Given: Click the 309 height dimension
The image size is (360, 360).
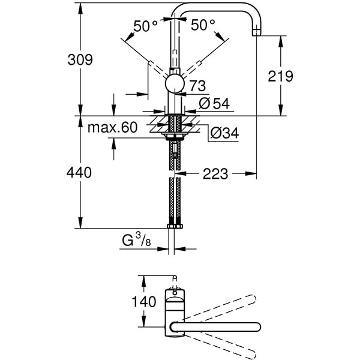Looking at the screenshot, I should pyautogui.click(x=80, y=60).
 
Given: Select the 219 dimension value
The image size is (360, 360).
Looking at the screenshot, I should pyautogui.click(x=280, y=76).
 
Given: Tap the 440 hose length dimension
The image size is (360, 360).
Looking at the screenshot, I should pyautogui.click(x=79, y=173).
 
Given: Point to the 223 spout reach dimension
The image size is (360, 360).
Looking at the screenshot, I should pyautogui.click(x=215, y=173).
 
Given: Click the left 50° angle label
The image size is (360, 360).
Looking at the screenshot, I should pyautogui.click(x=145, y=26).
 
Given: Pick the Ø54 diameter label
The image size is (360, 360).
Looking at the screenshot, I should pyautogui.click(x=214, y=103).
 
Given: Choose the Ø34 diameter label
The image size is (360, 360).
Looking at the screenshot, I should pyautogui.click(x=225, y=133).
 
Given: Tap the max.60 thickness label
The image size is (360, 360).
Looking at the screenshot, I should pyautogui.click(x=112, y=127).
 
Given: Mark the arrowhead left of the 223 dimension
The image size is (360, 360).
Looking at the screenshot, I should pyautogui.click(x=185, y=173).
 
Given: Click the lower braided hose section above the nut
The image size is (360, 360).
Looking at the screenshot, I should pyautogui.click(x=175, y=201).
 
